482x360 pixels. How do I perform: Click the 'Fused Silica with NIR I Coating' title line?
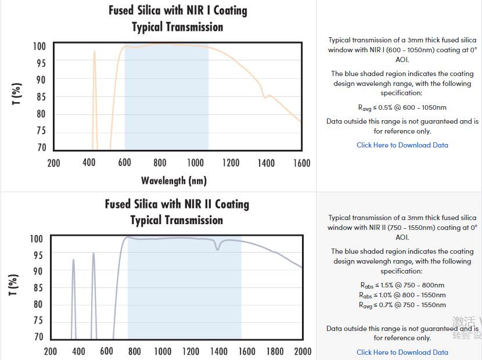pyautogui.click(x=178, y=10)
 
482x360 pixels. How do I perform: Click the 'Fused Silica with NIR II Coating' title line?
pyautogui.click(x=177, y=204)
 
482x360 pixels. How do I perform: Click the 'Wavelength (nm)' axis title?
pyautogui.click(x=174, y=181)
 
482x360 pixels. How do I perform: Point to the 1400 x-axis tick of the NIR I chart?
pyautogui.click(x=266, y=163)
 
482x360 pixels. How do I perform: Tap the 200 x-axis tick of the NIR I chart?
pyautogui.click(x=53, y=163)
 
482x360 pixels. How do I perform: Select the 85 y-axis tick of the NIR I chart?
pyautogui.click(x=41, y=97)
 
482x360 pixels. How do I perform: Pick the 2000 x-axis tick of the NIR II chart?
pyautogui.click(x=303, y=351)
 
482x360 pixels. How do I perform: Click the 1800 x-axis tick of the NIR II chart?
pyautogui.click(x=275, y=351)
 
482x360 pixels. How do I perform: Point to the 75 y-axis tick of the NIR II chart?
pyautogui.click(x=38, y=321)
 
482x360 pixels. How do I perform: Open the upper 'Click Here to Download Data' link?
pyautogui.click(x=402, y=145)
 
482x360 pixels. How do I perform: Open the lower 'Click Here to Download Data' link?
pyautogui.click(x=402, y=352)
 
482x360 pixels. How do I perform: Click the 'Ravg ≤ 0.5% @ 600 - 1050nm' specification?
pyautogui.click(x=402, y=107)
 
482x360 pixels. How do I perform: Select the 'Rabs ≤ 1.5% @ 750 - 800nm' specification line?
pyautogui.click(x=402, y=285)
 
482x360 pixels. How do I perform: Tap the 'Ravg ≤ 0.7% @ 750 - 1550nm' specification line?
pyautogui.click(x=402, y=305)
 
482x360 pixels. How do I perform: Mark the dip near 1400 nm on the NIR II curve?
pyautogui.click(x=218, y=249)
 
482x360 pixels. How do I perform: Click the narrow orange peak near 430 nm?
pyautogui.click(x=94, y=52)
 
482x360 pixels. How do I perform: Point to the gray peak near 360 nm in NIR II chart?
pyautogui.click(x=73, y=261)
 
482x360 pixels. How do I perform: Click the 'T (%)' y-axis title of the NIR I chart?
pyautogui.click(x=17, y=94)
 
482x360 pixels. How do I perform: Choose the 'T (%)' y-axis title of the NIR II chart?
pyautogui.click(x=15, y=285)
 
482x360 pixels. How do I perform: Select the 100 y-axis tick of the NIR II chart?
pyautogui.click(x=37, y=239)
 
